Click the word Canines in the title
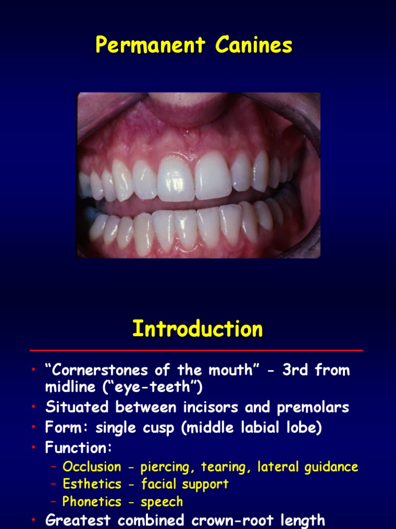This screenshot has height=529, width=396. (x=254, y=46)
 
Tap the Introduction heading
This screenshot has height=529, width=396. (x=197, y=329)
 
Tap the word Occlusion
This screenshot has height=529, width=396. (x=92, y=467)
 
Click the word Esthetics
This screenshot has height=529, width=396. (x=92, y=485)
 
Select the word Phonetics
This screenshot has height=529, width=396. (x=92, y=502)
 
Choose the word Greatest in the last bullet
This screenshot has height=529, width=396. (x=78, y=520)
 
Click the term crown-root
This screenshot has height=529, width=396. (x=239, y=520)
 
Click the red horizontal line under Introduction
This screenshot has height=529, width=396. (x=196, y=350)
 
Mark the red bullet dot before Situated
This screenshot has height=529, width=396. (x=33, y=408)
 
